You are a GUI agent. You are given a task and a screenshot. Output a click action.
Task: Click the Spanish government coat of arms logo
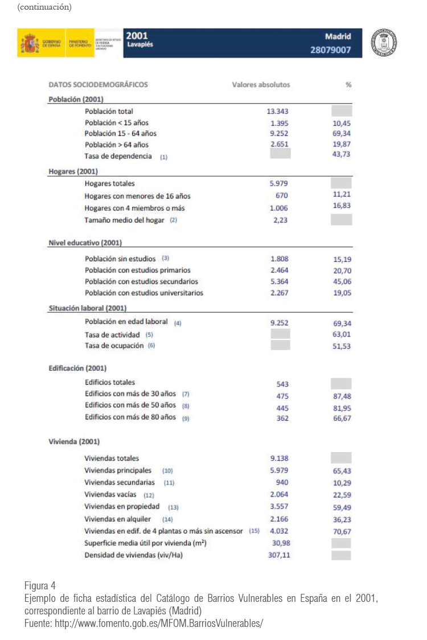30,43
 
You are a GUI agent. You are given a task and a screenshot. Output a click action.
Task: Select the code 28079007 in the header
335,50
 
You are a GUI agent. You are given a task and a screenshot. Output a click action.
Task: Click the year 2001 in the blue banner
137,36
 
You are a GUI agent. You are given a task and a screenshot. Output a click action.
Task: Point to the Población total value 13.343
280,112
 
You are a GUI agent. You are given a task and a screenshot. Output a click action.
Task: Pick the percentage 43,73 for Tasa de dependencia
341,155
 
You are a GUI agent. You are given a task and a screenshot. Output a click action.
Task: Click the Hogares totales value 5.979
280,184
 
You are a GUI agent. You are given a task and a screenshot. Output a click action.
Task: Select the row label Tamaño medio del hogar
124,220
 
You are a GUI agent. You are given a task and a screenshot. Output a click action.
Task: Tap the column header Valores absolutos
261,85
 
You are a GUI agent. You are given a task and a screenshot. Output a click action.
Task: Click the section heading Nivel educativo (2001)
85,243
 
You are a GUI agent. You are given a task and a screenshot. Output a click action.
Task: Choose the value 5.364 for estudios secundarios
280,281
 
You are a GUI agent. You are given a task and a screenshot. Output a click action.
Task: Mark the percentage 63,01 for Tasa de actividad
342,334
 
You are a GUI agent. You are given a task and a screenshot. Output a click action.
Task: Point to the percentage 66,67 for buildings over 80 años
342,418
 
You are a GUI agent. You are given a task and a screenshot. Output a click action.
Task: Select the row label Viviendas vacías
110,494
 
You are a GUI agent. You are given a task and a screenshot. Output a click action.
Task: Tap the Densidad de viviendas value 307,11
278,555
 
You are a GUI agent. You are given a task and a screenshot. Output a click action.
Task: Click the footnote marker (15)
254,531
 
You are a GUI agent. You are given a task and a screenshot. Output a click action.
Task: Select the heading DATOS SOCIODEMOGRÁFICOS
98,85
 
